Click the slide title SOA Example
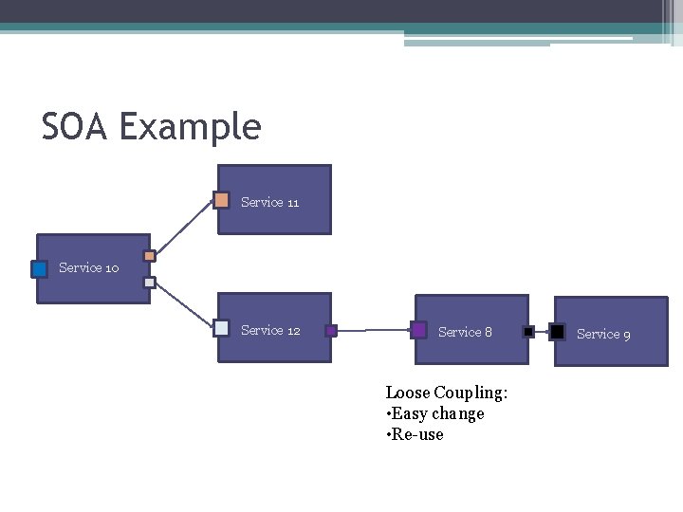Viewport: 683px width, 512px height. pyautogui.click(x=151, y=126)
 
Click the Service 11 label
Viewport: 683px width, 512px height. pyautogui.click(x=269, y=202)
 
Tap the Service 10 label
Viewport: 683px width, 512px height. pyautogui.click(x=88, y=267)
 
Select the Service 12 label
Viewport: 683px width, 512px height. pyautogui.click(x=270, y=330)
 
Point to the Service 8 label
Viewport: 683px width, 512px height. pyautogui.click(x=465, y=332)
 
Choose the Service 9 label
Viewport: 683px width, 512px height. pyautogui.click(x=603, y=334)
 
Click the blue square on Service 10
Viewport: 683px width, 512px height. pyautogui.click(x=39, y=268)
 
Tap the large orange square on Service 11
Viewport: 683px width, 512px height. pyautogui.click(x=221, y=200)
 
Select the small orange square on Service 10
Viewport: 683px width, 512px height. pyautogui.click(x=149, y=256)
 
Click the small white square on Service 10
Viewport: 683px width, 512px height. pyautogui.click(x=149, y=283)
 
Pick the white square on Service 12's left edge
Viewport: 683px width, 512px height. pyautogui.click(x=221, y=328)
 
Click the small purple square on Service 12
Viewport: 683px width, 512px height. pyautogui.click(x=331, y=331)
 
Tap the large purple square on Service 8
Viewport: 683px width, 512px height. pyautogui.click(x=418, y=330)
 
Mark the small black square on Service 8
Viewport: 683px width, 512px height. pyautogui.click(x=528, y=332)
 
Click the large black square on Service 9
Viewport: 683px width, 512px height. pyautogui.click(x=557, y=332)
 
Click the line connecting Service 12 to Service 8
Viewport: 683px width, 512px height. pyautogui.click(x=374, y=331)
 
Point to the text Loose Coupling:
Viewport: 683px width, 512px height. pyautogui.click(x=447, y=393)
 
